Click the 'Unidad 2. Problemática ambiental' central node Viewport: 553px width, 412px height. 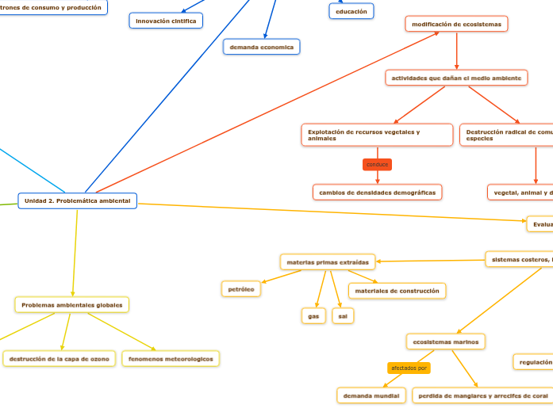pos(77,201)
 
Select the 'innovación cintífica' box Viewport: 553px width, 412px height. pos(166,21)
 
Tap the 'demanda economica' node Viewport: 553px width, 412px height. pos(261,48)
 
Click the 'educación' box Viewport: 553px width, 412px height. pos(351,12)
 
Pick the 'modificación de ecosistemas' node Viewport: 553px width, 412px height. pos(456,25)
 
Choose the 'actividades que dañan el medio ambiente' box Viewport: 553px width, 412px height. pos(456,78)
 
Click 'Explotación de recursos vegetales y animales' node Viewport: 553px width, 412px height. pos(377,135)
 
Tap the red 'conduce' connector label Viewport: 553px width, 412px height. pos(377,165)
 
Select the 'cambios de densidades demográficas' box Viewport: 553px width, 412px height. pos(377,193)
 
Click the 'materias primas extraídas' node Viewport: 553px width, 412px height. pos(327,261)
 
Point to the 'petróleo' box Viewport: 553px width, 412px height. pos(240,290)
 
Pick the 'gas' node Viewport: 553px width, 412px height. pos(313,316)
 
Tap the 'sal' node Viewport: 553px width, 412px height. pos(343,316)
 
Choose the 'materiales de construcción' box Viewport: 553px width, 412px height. pos(397,292)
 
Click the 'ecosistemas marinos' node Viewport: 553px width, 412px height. pos(445,341)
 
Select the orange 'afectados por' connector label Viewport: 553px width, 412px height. pos(409,368)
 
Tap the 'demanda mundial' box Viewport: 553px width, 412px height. pos(371,395)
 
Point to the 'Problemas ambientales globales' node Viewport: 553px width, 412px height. pos(71,305)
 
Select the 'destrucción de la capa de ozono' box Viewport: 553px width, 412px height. pos(59,359)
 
